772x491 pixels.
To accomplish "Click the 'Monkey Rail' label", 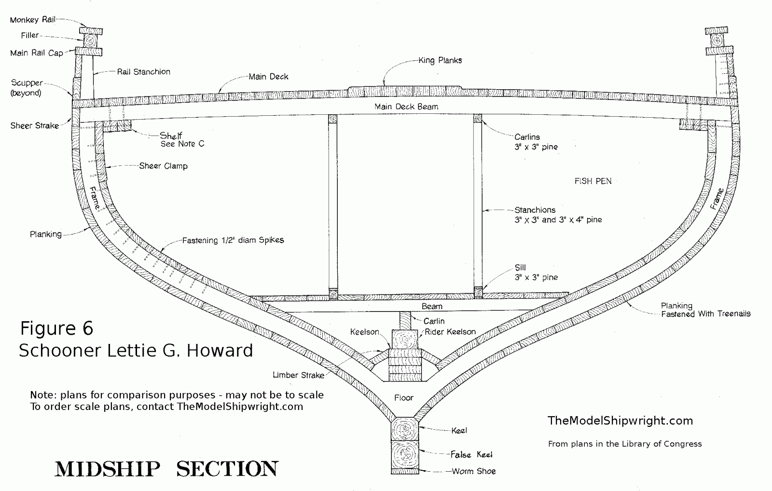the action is pyautogui.click(x=32, y=20).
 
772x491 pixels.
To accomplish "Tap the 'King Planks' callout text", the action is pyautogui.click(x=440, y=60).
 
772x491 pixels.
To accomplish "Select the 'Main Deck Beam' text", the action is pyautogui.click(x=406, y=106).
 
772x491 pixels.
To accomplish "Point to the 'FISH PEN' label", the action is pyautogui.click(x=593, y=181).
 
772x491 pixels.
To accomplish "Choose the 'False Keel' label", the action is pyautogui.click(x=471, y=454).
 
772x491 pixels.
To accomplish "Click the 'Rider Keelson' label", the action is pyautogui.click(x=450, y=332).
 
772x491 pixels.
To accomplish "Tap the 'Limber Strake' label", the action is pyautogui.click(x=298, y=375).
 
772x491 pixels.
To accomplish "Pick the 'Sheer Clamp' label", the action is pyautogui.click(x=163, y=166).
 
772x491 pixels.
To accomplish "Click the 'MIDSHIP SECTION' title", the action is pyautogui.click(x=166, y=469).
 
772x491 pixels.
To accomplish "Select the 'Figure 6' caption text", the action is pyautogui.click(x=56, y=328).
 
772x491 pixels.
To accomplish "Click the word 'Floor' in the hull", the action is pyautogui.click(x=404, y=397).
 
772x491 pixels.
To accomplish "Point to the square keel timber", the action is pyautogui.click(x=405, y=428).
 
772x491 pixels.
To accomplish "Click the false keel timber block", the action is pyautogui.click(x=405, y=454).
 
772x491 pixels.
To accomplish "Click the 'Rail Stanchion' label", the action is pyautogui.click(x=143, y=72).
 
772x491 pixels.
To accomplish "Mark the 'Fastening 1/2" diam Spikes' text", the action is pyautogui.click(x=233, y=240).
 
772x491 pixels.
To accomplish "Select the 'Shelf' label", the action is pyautogui.click(x=171, y=136).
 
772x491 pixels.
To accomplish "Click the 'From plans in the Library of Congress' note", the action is pyautogui.click(x=624, y=444).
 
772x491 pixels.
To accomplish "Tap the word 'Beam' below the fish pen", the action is pyautogui.click(x=432, y=306).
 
